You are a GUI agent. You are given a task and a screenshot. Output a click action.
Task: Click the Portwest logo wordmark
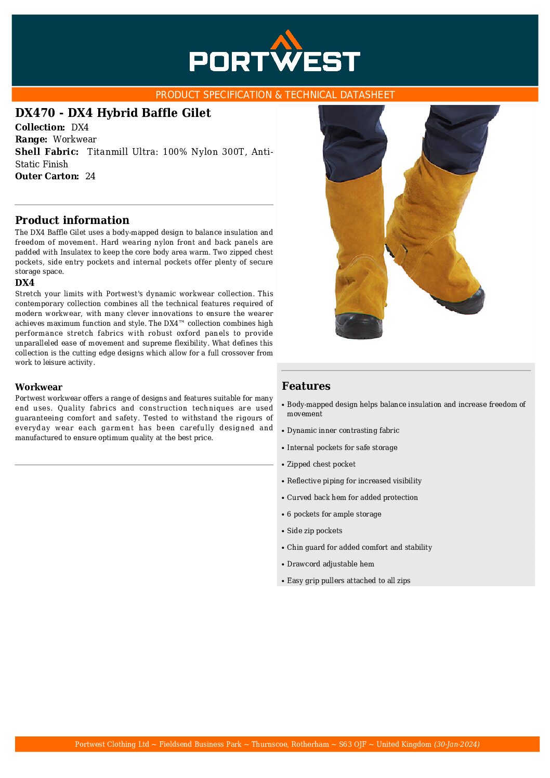274,61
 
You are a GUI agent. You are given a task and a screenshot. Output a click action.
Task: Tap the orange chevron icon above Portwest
286,39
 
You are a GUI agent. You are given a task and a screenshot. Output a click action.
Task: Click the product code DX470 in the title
35,113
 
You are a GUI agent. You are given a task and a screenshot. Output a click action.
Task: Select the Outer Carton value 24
90,176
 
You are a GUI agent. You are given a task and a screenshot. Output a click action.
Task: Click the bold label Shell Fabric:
47,152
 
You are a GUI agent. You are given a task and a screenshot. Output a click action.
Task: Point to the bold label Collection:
40,127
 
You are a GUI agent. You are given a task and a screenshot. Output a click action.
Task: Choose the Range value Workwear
74,139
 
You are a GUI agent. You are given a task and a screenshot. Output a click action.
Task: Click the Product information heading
72,220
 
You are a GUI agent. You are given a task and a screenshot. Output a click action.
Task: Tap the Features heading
306,386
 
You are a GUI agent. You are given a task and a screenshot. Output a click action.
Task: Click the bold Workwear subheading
38,387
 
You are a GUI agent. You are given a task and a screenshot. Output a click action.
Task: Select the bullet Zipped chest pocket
321,464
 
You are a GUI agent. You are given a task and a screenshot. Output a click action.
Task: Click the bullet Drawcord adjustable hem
331,564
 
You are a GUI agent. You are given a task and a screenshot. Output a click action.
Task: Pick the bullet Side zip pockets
315,531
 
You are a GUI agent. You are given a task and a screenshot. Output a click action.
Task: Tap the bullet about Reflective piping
354,481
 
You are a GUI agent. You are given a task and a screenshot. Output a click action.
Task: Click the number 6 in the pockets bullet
289,514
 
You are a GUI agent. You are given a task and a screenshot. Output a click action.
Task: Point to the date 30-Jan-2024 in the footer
457,744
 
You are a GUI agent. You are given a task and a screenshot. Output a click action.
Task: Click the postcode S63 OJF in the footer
352,744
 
